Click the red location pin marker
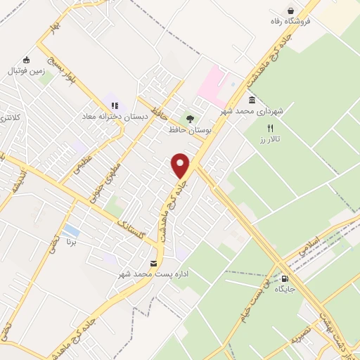click(181, 165)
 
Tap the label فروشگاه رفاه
click(290, 20)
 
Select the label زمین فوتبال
click(26, 71)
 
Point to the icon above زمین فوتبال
click(26, 60)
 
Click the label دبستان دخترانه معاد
click(116, 116)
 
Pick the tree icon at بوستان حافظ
click(188, 118)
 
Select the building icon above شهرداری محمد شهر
click(252, 101)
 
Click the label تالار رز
click(269, 140)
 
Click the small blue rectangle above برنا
click(70, 230)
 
